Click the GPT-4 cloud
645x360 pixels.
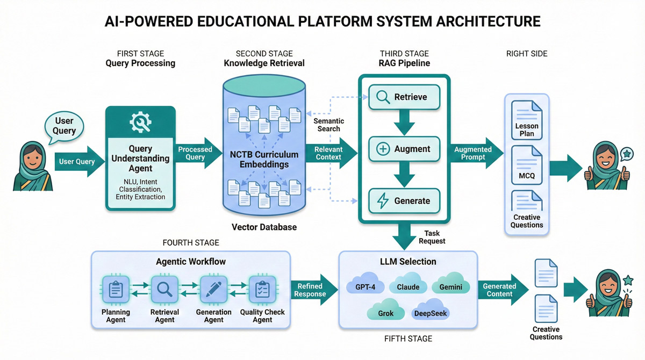click(366, 285)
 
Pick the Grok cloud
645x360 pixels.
click(386, 312)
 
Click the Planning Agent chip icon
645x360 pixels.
click(116, 291)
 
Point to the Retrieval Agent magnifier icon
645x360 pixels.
click(164, 291)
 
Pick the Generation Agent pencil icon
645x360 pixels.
click(213, 291)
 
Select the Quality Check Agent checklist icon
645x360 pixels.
click(262, 291)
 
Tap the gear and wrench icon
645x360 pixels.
click(140, 123)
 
